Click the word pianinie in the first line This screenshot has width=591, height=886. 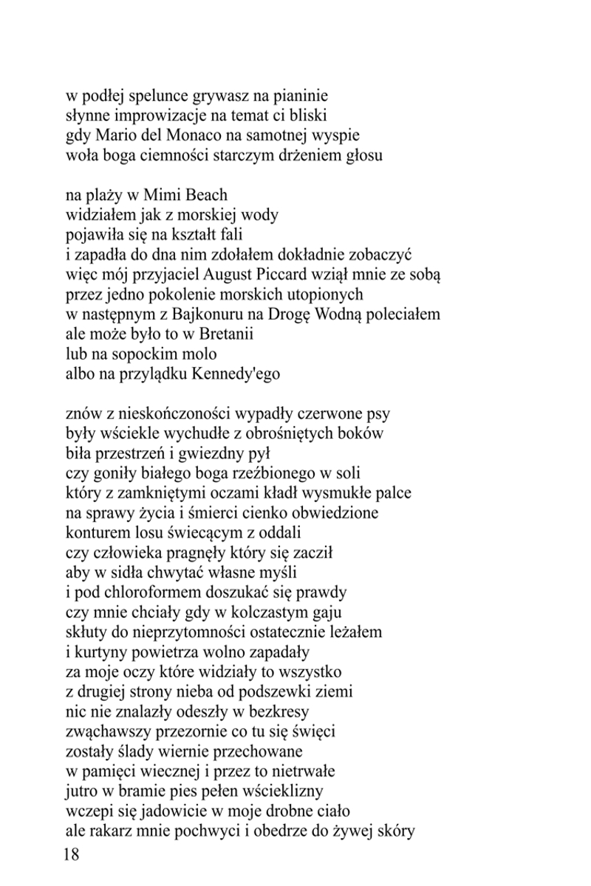click(x=301, y=96)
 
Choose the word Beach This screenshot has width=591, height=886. click(x=206, y=196)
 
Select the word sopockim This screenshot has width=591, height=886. click(x=149, y=354)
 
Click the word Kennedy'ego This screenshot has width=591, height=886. click(x=236, y=374)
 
